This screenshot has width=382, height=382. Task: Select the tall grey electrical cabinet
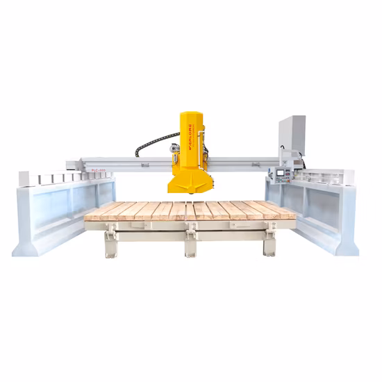point(291,135)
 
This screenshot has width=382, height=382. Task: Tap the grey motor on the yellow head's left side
point(174,148)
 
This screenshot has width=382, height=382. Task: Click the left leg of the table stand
point(110,244)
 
